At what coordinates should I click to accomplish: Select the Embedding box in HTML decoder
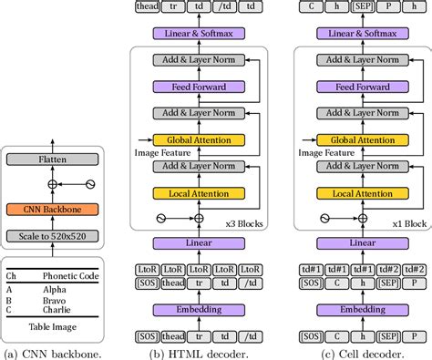(x=200, y=310)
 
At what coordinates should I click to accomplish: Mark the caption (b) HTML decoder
(x=200, y=352)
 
